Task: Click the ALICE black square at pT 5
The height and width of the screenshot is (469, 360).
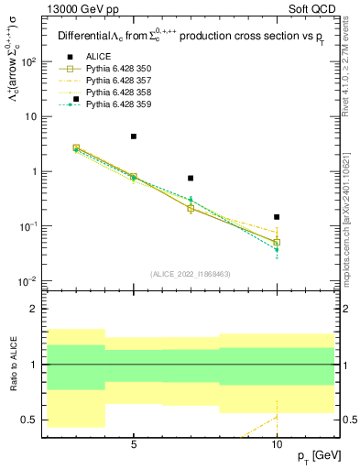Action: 134,136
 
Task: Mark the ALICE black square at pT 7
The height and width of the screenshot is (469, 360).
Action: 191,178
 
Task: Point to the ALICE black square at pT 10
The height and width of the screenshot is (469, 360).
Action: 277,217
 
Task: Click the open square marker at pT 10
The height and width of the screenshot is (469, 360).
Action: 277,243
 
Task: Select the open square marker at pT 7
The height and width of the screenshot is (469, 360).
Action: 191,209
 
